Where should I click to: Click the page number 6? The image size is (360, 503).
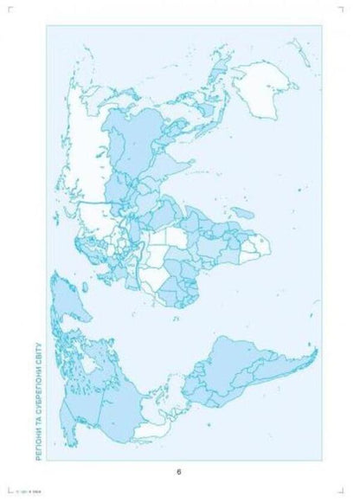pyautogui.click(x=179, y=472)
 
